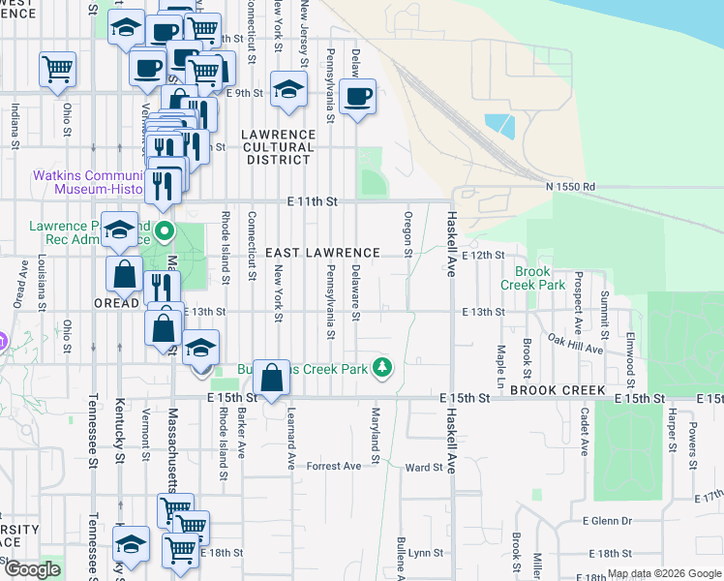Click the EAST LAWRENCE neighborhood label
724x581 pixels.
[x=316, y=253]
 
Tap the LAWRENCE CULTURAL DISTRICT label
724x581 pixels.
[x=279, y=147]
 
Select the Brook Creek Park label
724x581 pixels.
[x=532, y=279]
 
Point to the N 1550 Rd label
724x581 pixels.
[x=570, y=186]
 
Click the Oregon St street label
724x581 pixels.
[x=408, y=234]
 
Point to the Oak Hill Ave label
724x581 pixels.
[x=575, y=343]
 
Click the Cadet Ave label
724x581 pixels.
[x=585, y=432]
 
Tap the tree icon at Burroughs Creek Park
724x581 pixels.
[x=383, y=367]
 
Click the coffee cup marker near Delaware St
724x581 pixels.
[x=357, y=97]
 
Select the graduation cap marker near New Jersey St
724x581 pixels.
[x=287, y=90]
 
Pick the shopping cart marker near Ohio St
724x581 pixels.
[x=57, y=70]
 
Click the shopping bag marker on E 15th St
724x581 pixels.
[x=272, y=377]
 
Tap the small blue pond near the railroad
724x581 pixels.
[x=499, y=126]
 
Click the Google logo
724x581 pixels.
[x=31, y=569]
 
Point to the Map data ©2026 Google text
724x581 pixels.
[x=664, y=573]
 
